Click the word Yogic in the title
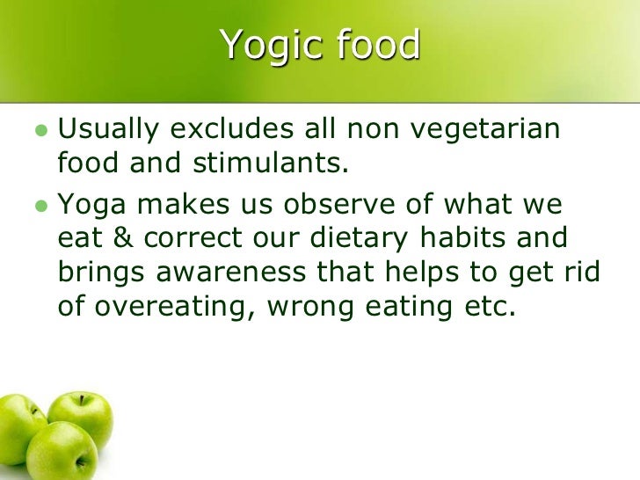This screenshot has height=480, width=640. (x=268, y=46)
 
